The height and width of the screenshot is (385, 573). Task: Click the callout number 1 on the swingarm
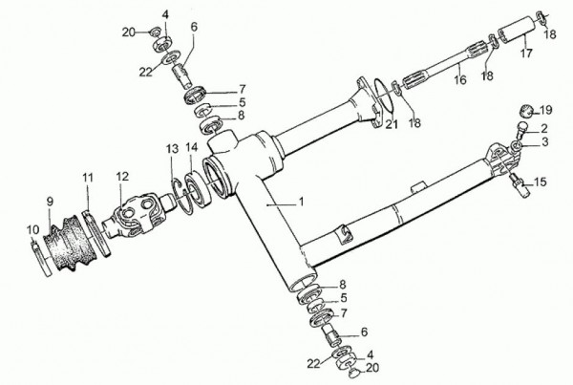301,202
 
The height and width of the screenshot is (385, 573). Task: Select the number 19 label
545,110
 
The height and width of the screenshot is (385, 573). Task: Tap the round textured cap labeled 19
527,111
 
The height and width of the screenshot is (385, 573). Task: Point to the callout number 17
526,53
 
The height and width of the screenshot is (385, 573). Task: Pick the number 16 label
460,79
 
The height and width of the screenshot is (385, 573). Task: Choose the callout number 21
392,124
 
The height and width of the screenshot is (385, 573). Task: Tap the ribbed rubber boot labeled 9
68,244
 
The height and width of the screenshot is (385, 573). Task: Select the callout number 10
32,229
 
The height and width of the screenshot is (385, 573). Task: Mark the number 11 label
87,178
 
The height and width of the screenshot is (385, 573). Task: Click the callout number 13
172,149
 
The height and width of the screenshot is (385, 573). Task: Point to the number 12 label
122,176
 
